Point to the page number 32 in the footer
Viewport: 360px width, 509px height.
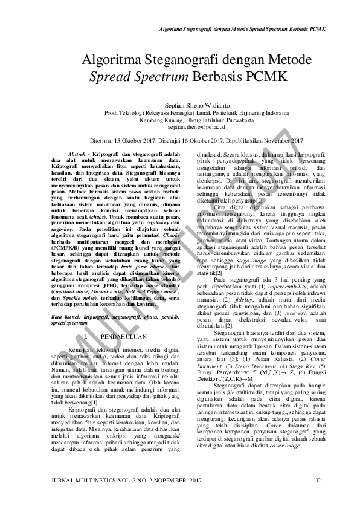318,497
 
